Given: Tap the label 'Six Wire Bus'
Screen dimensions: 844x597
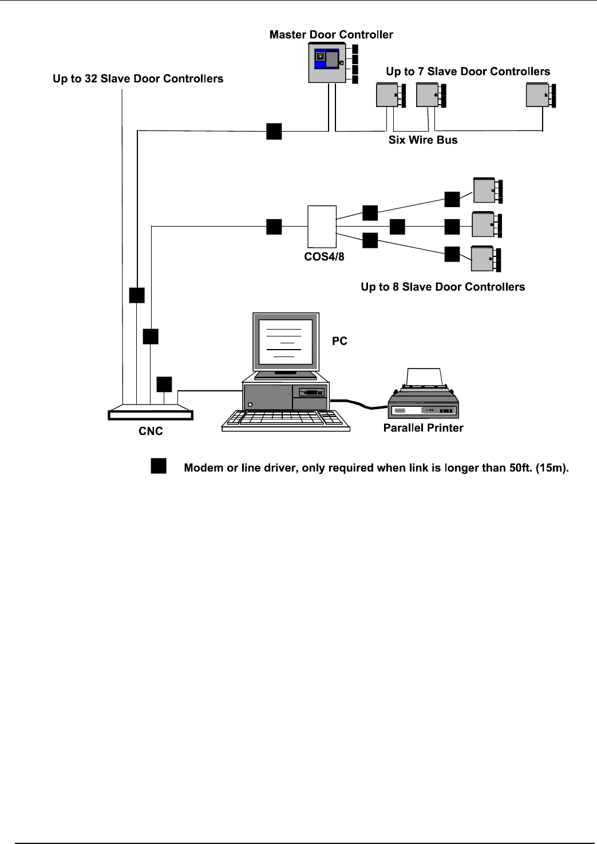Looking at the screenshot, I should (423, 140).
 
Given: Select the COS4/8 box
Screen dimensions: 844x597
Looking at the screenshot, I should (322, 227).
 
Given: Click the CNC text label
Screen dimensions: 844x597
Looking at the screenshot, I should (151, 431).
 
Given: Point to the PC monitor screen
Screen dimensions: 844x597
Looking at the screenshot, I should (286, 342).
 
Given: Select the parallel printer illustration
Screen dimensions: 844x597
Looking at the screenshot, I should (424, 395).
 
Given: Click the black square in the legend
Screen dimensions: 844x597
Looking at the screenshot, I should (159, 466).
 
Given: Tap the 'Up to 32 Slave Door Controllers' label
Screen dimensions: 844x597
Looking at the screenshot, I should (138, 79).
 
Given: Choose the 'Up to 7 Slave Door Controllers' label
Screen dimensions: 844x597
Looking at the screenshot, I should (468, 72).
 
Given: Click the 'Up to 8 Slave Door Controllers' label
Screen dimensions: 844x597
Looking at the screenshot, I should (442, 287).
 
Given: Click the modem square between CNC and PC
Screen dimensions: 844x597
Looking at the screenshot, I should (164, 384).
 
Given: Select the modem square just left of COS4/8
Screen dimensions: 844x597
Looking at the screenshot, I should (274, 227).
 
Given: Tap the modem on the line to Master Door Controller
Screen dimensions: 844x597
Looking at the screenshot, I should (274, 131).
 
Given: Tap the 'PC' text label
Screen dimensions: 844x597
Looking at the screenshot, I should (339, 341).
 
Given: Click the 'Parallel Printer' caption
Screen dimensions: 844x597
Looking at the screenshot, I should (423, 428).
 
